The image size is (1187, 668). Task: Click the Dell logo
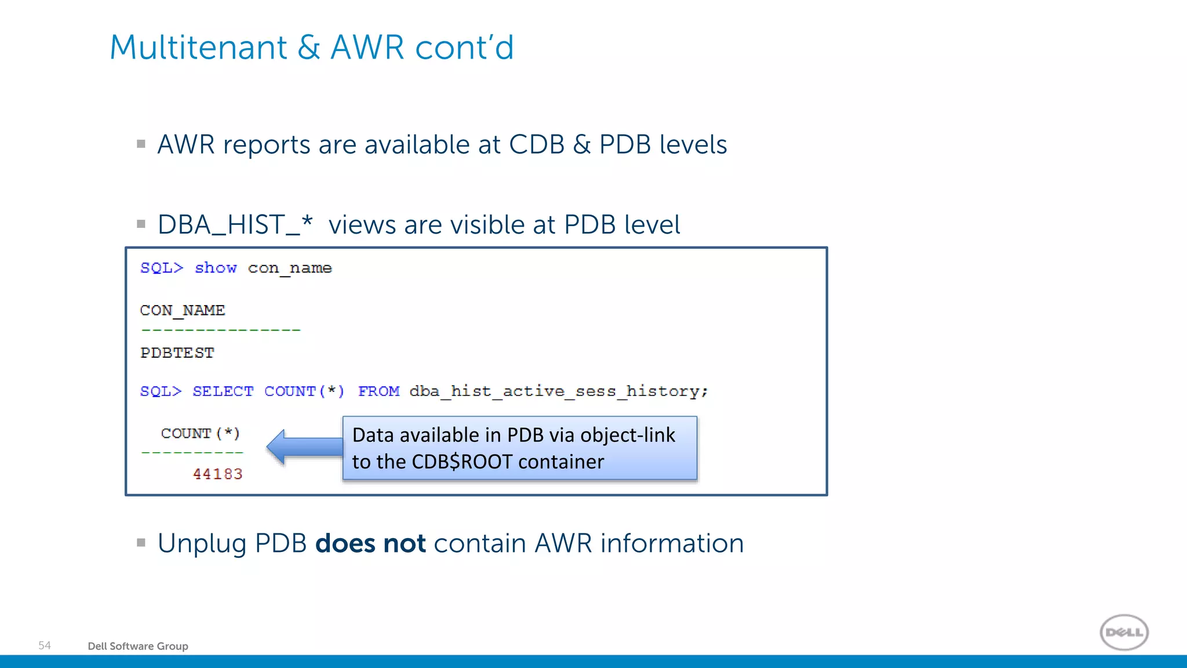pyautogui.click(x=1124, y=632)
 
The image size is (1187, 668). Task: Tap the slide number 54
pyautogui.click(x=45, y=645)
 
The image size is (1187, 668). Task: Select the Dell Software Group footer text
pyautogui.click(x=138, y=646)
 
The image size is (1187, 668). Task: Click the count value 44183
pyautogui.click(x=217, y=474)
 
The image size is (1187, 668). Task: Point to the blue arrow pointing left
pyautogui.click(x=304, y=446)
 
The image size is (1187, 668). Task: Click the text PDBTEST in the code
pyautogui.click(x=177, y=353)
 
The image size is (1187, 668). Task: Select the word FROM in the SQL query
pyautogui.click(x=378, y=391)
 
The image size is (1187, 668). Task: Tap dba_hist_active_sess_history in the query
pyautogui.click(x=558, y=391)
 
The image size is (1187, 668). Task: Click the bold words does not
pyautogui.click(x=370, y=544)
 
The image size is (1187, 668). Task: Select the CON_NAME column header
pyautogui.click(x=183, y=311)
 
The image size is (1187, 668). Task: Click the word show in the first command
pyautogui.click(x=216, y=268)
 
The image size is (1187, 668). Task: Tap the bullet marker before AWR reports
pyautogui.click(x=141, y=144)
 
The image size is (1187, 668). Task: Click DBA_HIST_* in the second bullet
pyautogui.click(x=235, y=224)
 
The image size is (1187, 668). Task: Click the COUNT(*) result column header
pyautogui.click(x=200, y=434)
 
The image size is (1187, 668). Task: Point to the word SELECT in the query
pyautogui.click(x=223, y=391)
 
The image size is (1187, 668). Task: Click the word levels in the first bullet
pyautogui.click(x=693, y=144)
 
